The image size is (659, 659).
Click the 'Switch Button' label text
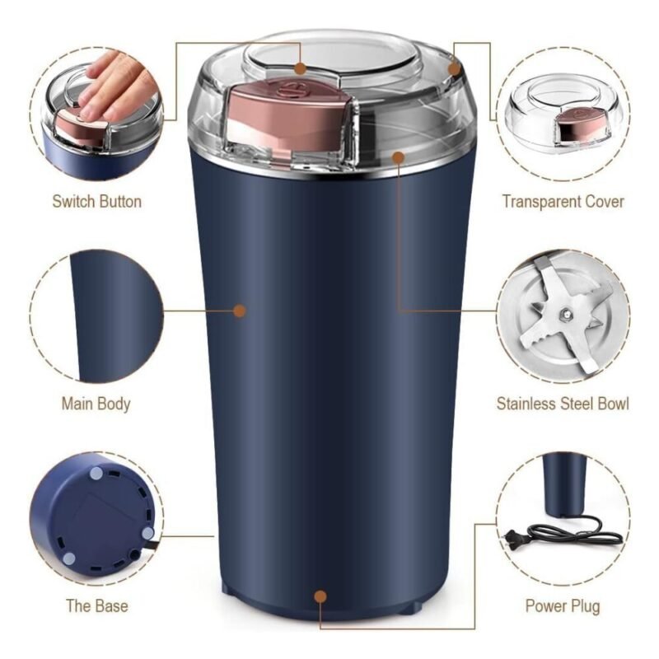(96, 202)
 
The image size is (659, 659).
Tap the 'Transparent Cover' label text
(563, 202)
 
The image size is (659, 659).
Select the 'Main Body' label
(96, 404)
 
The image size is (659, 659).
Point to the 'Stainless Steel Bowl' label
(563, 404)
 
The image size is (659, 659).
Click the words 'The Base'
(97, 606)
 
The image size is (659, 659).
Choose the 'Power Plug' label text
(563, 606)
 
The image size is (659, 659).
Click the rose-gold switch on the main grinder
(290, 118)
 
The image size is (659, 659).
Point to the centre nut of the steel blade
(565, 313)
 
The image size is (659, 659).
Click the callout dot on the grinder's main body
(240, 311)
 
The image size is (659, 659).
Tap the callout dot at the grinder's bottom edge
(320, 596)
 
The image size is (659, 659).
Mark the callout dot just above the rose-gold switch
(300, 68)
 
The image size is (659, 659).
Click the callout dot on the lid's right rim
(455, 68)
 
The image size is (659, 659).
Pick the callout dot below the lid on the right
(398, 157)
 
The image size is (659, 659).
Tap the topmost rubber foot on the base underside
(96, 474)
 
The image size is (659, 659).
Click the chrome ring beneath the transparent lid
(332, 168)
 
